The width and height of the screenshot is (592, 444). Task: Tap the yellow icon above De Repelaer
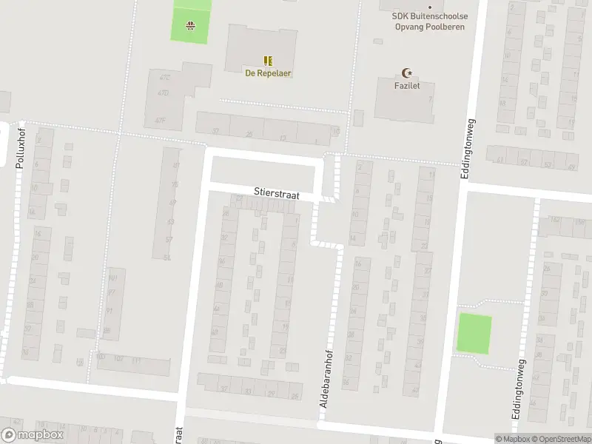pyautogui.click(x=267, y=61)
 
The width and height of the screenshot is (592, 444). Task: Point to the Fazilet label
pyautogui.click(x=406, y=86)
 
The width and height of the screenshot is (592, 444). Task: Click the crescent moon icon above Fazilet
pyautogui.click(x=406, y=73)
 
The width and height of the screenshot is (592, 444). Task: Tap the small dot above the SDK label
pyautogui.click(x=430, y=7)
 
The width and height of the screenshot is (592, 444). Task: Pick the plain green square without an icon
pyautogui.click(x=474, y=333)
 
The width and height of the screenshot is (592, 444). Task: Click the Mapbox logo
pyautogui.click(x=32, y=435)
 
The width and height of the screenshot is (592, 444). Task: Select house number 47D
pyautogui.click(x=162, y=92)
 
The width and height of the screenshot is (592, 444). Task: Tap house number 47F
pyautogui.click(x=160, y=119)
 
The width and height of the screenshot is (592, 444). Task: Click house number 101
pyautogui.click(x=112, y=278)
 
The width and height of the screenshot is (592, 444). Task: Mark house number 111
pyautogui.click(x=136, y=360)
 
